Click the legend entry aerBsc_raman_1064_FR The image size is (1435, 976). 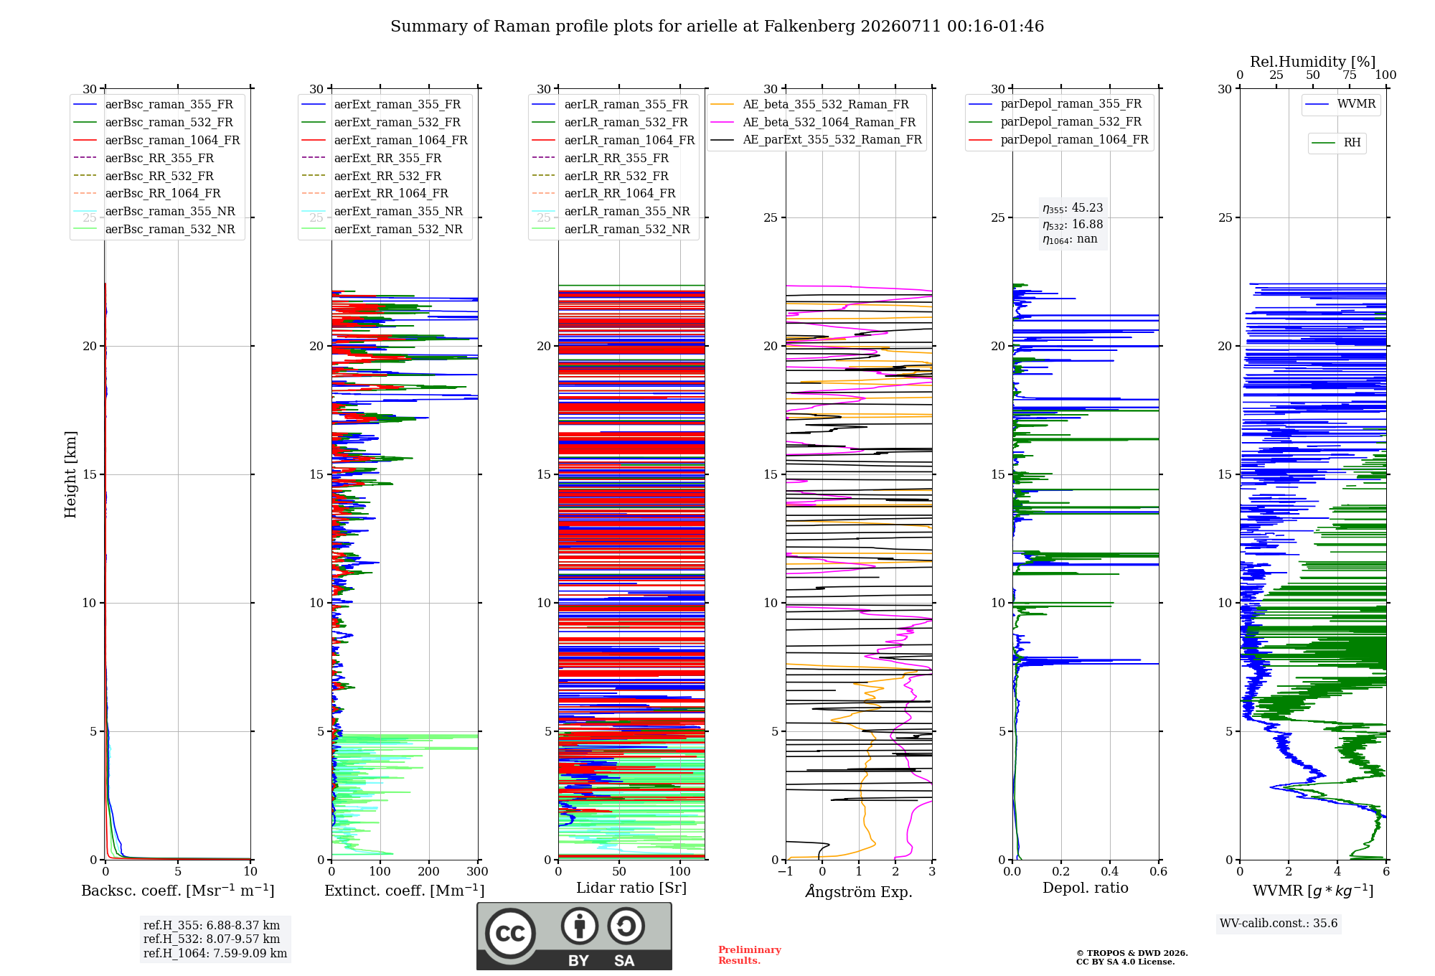point(172,140)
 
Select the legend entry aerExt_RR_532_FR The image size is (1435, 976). point(387,176)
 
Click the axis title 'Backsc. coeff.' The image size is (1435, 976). point(131,891)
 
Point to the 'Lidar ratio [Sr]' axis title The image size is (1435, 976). point(631,888)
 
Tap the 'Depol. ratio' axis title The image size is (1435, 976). point(1086,888)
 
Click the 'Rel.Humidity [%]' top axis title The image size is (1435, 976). point(1313,62)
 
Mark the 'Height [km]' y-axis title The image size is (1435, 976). point(70,474)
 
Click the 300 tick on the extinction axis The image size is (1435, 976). point(478,871)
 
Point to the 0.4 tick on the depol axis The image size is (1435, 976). point(1110,871)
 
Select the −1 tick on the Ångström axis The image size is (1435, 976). point(785,871)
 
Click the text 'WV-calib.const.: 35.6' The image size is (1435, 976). point(1279,923)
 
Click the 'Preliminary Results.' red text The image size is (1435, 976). point(750,955)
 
